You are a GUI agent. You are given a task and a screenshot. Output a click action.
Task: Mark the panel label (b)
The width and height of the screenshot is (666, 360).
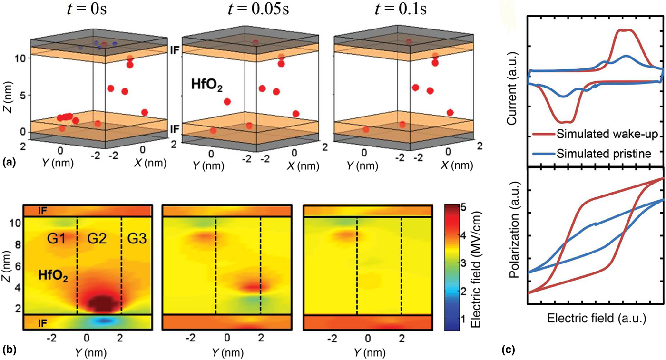click(x=9, y=350)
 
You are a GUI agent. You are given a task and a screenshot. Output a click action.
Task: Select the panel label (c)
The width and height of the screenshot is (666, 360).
click(x=509, y=350)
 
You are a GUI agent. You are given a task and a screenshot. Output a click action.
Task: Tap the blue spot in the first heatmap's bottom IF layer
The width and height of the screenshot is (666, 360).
click(x=106, y=321)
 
